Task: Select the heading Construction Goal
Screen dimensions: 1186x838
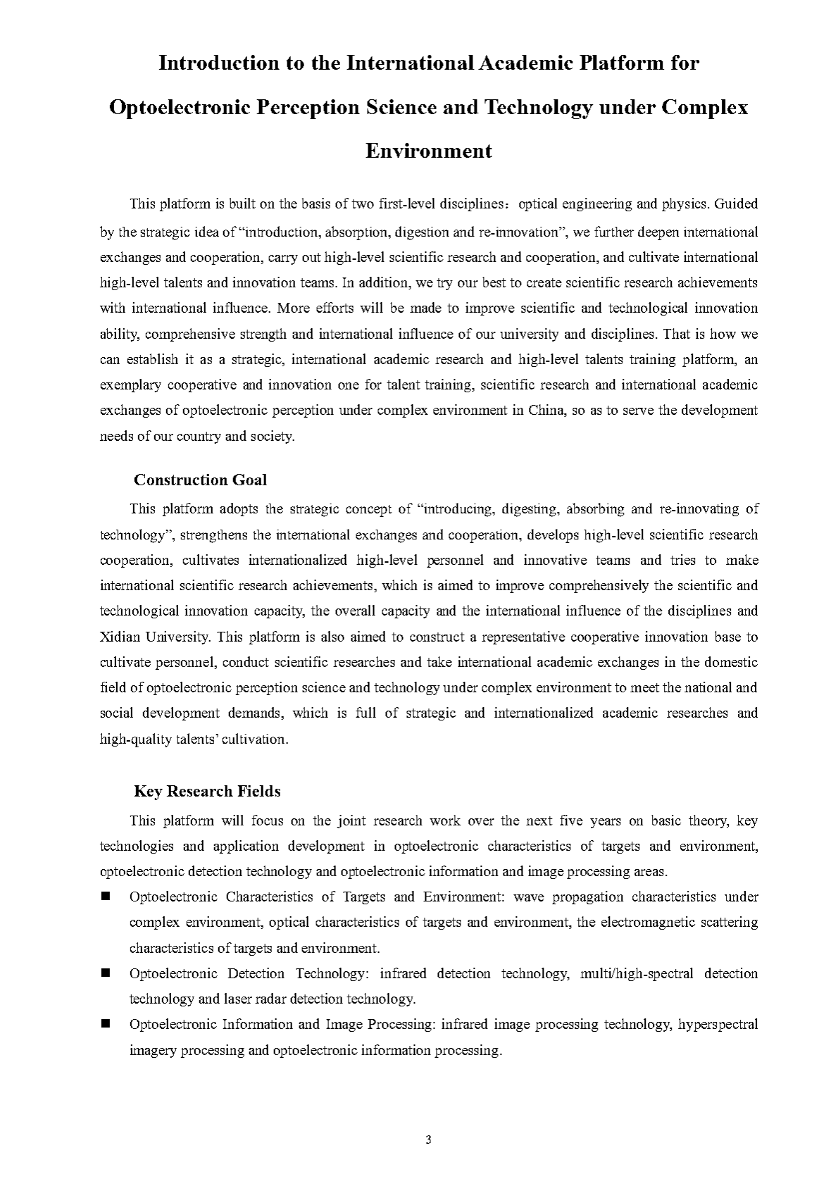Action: click(x=200, y=480)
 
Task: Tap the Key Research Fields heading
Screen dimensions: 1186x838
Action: click(x=207, y=791)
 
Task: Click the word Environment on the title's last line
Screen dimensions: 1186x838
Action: click(x=428, y=151)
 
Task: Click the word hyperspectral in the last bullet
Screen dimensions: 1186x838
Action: click(x=718, y=1024)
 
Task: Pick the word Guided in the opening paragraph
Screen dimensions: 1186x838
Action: click(x=736, y=204)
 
